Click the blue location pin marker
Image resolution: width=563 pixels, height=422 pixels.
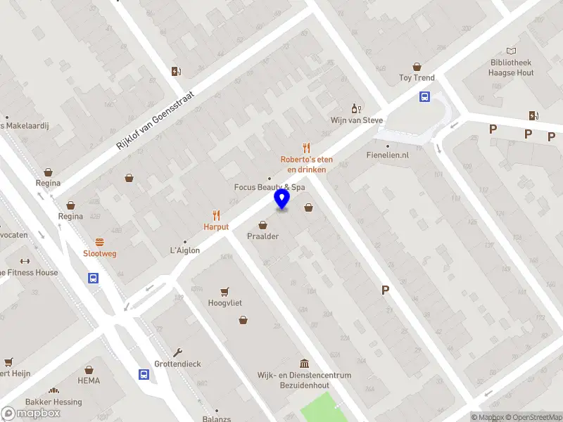282,200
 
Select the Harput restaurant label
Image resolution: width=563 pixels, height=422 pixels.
216,227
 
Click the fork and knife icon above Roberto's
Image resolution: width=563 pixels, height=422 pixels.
306,148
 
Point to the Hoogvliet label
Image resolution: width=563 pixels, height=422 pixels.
225,303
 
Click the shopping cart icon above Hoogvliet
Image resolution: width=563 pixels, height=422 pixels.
225,291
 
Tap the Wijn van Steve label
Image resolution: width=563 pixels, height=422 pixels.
357,120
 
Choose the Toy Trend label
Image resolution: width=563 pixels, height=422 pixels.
417,77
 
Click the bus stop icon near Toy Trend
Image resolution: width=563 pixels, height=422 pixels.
425,97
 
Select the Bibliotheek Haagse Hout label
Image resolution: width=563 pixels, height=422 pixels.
512,68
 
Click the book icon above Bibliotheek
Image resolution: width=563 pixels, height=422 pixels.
512,51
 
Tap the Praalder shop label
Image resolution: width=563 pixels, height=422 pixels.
262,236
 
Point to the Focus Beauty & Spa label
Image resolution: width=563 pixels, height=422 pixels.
270,188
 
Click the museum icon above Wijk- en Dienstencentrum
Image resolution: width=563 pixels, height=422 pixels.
304,364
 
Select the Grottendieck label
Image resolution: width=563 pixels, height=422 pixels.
178,364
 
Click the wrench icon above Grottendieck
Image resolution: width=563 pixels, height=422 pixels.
178,352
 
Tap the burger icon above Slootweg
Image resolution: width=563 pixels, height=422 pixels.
100,241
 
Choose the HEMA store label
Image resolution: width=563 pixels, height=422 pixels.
89,381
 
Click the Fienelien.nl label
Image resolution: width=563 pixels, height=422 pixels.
388,155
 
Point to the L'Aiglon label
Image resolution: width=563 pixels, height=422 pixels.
185,250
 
